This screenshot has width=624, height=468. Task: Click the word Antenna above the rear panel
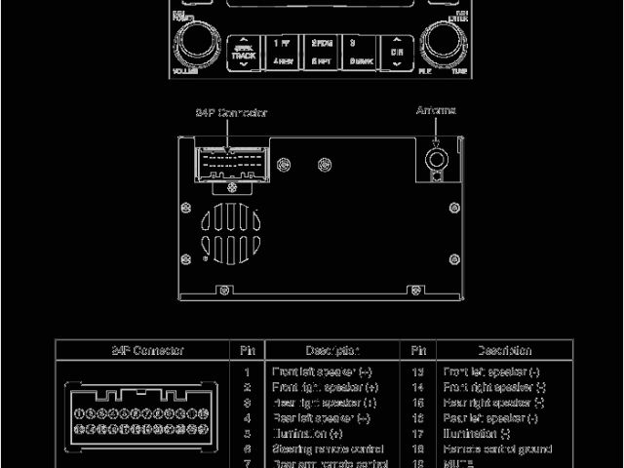[x=436, y=110]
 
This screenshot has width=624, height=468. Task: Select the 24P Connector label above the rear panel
[x=231, y=112]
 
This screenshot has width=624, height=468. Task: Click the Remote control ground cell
[x=497, y=448]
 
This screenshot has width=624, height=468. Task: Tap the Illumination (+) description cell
[x=307, y=433]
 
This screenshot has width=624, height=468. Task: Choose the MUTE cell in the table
[x=458, y=463]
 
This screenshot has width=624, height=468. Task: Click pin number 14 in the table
[x=418, y=387]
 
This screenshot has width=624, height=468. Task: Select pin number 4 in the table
[x=248, y=417]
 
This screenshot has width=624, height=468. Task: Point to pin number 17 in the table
[x=418, y=433]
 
